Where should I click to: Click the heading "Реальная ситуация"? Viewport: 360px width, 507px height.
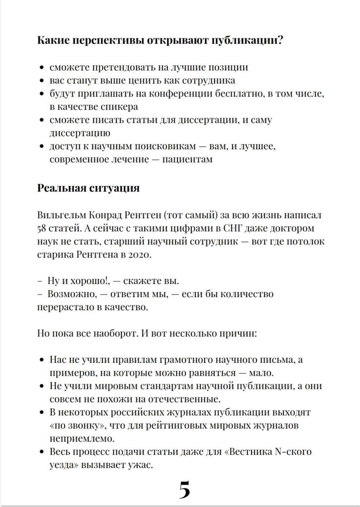(x=88, y=187)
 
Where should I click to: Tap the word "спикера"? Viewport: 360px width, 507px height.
(x=119, y=107)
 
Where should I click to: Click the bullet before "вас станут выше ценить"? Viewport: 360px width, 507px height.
(x=42, y=81)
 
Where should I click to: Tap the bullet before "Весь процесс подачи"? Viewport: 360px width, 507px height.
(x=42, y=452)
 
